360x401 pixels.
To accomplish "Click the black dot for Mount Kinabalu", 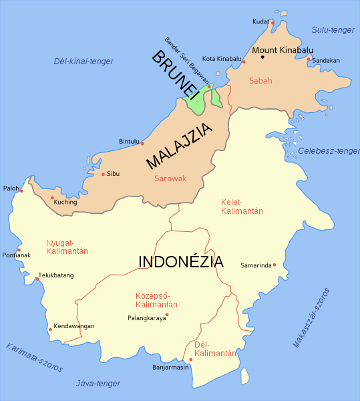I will click(x=262, y=57).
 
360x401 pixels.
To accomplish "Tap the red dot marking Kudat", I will click(x=273, y=23).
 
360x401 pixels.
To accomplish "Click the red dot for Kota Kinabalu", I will click(x=244, y=62).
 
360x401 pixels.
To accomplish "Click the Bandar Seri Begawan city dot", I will click(x=209, y=86).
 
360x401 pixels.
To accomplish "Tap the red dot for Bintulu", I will click(x=142, y=143).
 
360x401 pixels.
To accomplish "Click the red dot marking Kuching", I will click(x=52, y=197).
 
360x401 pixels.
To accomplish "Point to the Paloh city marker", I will click(x=21, y=191).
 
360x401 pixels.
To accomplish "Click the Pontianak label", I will click(x=16, y=255).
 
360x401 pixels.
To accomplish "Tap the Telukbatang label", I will click(x=55, y=275).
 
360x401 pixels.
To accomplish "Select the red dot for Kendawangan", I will click(x=50, y=329).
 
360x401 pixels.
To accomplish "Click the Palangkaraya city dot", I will click(x=167, y=314).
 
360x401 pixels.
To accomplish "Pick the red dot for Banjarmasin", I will click(x=190, y=360).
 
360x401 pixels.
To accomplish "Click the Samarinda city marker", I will click(x=275, y=265).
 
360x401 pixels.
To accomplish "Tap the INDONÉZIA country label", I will click(x=181, y=261).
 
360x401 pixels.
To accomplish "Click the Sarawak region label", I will click(x=170, y=179).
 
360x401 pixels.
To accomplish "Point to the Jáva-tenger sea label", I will click(x=98, y=383).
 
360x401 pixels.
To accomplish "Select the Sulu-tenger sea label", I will click(x=333, y=29).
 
